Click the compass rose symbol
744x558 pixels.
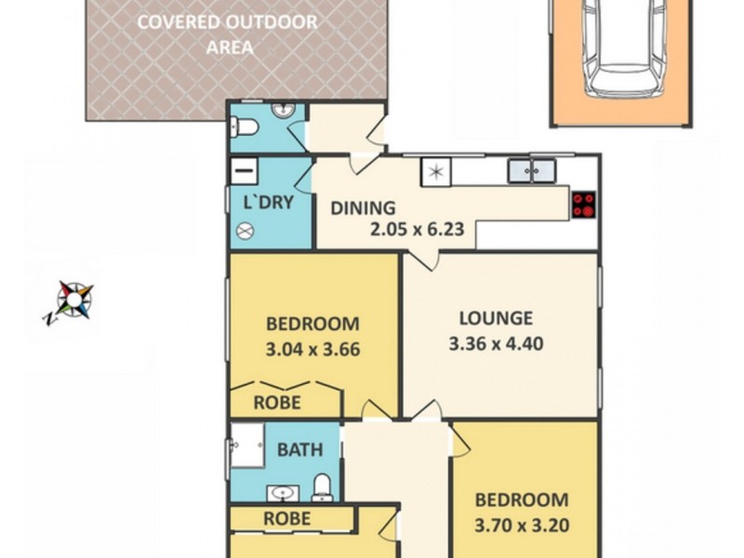coord(73,299)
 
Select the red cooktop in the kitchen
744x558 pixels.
coord(583,205)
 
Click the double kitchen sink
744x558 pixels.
coord(531,170)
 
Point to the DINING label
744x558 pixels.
coord(364,208)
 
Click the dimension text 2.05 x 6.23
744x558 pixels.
coord(418,229)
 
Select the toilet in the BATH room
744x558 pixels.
coord(322,485)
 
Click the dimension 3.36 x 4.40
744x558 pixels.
coord(496,343)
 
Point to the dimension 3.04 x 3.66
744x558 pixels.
coord(312,351)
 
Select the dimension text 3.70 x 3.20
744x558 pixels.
coord(522,525)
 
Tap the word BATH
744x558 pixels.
coord(300,450)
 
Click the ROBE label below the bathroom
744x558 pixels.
coord(286,518)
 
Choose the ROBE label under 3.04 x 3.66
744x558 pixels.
coord(277,402)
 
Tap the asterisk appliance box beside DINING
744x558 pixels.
coord(434,171)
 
